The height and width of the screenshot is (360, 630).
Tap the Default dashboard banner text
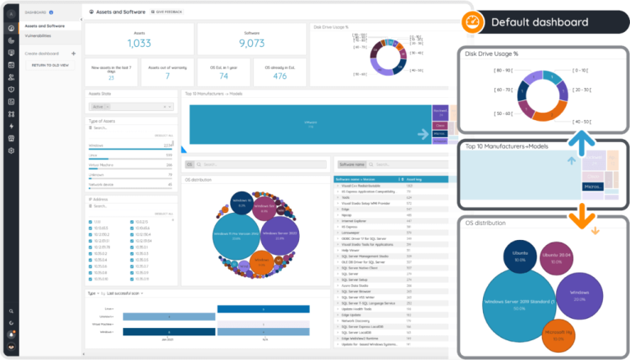click(x=539, y=22)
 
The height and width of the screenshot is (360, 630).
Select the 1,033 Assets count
click(x=139, y=43)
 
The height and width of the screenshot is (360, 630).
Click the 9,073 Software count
click(x=250, y=43)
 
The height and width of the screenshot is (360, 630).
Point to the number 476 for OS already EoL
click(x=279, y=76)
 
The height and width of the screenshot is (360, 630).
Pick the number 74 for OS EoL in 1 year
click(x=223, y=76)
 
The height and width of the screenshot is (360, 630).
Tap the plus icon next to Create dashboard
click(x=74, y=53)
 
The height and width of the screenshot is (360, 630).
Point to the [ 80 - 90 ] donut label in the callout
click(x=481, y=70)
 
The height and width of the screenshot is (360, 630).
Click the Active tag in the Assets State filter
click(x=99, y=107)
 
